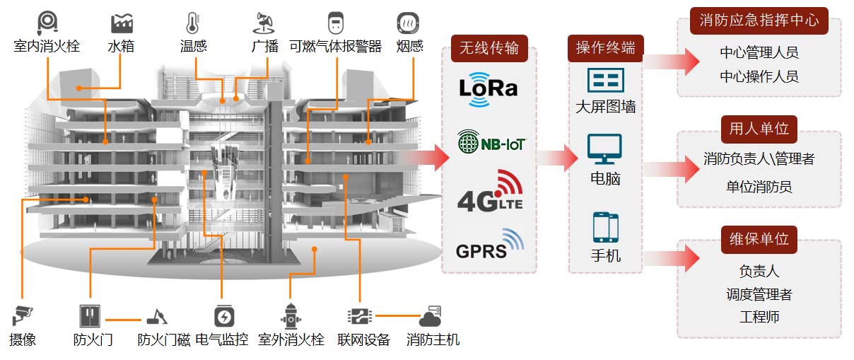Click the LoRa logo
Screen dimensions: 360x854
click(488, 88)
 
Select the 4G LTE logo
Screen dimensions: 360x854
click(489, 192)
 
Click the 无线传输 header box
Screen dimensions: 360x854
click(489, 48)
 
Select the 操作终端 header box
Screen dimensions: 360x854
click(605, 48)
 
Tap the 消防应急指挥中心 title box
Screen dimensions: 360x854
click(759, 21)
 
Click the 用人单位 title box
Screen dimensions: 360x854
click(759, 129)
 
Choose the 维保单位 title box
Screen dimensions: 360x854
click(759, 238)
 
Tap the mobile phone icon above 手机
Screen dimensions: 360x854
click(605, 228)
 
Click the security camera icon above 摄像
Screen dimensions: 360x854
click(23, 314)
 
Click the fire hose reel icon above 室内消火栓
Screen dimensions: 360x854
click(47, 22)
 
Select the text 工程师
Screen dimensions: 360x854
click(759, 317)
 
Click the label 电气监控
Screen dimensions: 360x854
click(222, 340)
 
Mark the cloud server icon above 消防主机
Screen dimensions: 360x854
click(430, 315)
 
